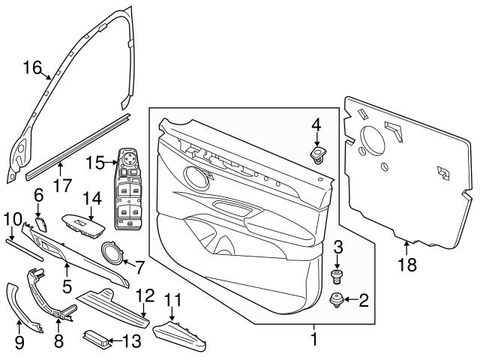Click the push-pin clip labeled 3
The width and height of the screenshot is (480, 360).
point(337,275)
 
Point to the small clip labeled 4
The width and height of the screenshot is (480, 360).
point(319,155)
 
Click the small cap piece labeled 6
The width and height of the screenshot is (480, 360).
point(42,223)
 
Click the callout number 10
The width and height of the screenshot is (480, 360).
point(11,218)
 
